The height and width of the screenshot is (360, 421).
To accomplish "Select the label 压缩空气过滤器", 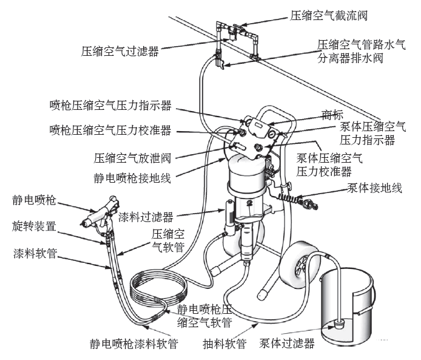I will [x=120, y=52].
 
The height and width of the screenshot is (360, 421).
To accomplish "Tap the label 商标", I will [x=331, y=114].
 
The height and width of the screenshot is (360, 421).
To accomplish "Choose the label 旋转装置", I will [x=34, y=226].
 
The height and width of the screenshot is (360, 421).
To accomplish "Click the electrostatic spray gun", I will [x=98, y=212].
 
